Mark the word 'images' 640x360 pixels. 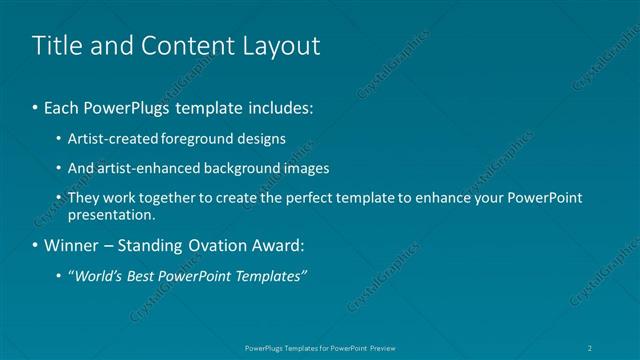tap(306, 168)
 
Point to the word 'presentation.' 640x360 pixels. tap(112, 214)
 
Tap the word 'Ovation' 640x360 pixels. tap(203, 245)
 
